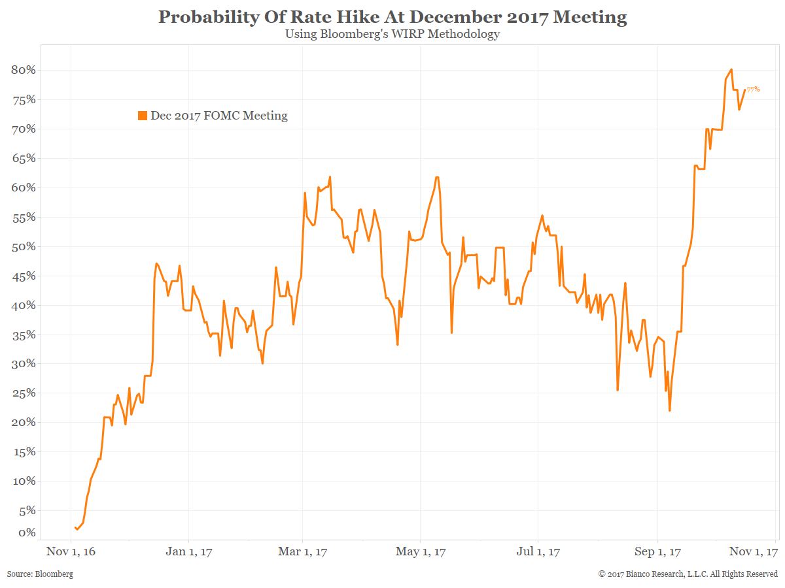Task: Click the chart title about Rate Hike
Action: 392,18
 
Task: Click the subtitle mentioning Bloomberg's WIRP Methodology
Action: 392,34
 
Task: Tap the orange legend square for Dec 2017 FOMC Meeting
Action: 143,116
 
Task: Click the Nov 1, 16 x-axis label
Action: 71,552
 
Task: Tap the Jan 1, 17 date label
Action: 188,552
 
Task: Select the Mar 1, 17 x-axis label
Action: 303,552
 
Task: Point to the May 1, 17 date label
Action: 421,552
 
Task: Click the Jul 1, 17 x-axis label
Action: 538,552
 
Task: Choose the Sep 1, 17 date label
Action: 657,552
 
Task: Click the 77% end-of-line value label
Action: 753,89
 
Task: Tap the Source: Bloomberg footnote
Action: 40,574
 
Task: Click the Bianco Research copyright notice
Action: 688,574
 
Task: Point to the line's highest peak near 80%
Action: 731,69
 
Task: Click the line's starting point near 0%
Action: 76,527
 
